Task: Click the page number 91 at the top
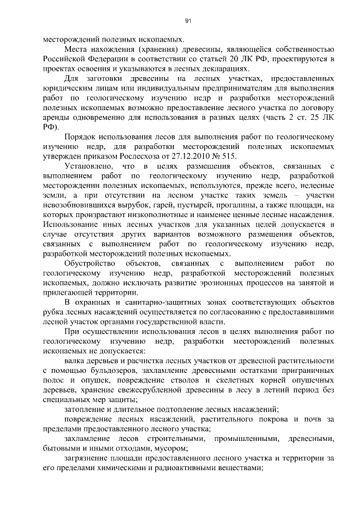(x=188, y=21)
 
